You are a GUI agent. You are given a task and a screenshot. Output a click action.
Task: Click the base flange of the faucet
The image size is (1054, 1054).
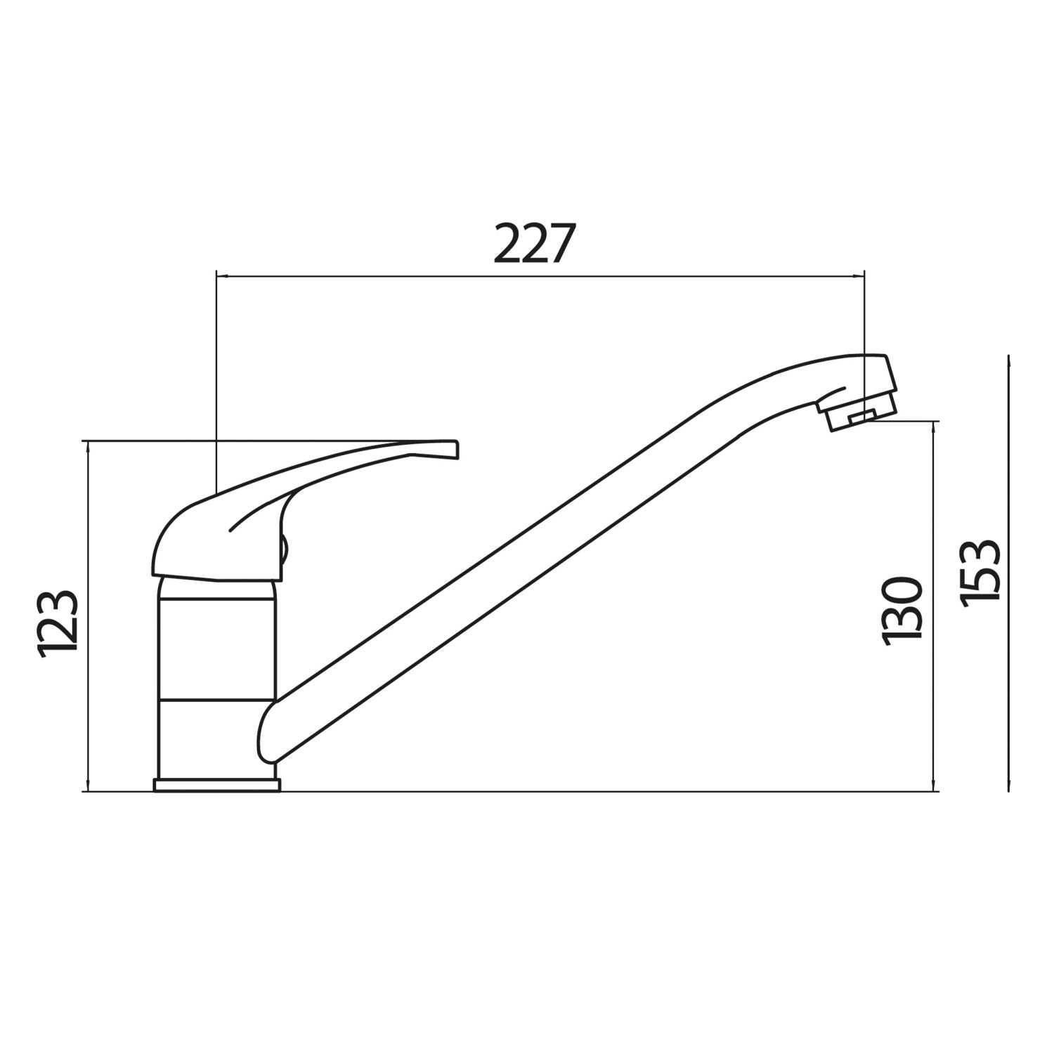click(x=216, y=785)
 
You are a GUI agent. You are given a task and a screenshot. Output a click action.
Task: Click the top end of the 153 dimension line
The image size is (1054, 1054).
click(x=1008, y=358)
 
